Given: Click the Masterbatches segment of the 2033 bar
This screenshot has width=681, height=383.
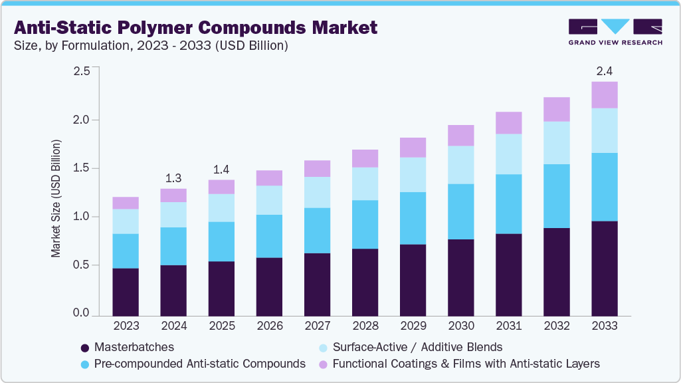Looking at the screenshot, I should pyautogui.click(x=605, y=269).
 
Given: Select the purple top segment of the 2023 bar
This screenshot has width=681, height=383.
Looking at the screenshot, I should pyautogui.click(x=126, y=203).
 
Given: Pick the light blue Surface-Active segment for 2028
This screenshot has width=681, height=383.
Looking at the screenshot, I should pyautogui.click(x=365, y=184).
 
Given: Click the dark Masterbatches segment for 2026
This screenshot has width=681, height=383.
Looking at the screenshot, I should pyautogui.click(x=270, y=287).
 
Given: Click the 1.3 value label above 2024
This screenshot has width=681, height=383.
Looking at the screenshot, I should pyautogui.click(x=173, y=178).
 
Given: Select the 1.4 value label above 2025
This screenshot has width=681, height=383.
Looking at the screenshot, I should pyautogui.click(x=221, y=169).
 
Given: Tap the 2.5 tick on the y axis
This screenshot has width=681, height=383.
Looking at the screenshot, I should pyautogui.click(x=81, y=71).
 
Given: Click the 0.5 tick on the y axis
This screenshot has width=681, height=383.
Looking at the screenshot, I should pyautogui.click(x=81, y=265).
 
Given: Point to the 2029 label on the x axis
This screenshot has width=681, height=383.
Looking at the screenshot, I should pyautogui.click(x=413, y=326).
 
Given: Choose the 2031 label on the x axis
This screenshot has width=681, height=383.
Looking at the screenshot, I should pyautogui.click(x=509, y=326).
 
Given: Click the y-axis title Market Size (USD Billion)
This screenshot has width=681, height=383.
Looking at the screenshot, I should pyautogui.click(x=56, y=199).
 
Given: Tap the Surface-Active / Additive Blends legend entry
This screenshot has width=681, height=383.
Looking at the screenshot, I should pyautogui.click(x=417, y=347).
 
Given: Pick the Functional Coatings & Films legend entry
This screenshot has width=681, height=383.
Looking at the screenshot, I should pyautogui.click(x=466, y=364).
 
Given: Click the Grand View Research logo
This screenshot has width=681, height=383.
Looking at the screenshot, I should pyautogui.click(x=615, y=31).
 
